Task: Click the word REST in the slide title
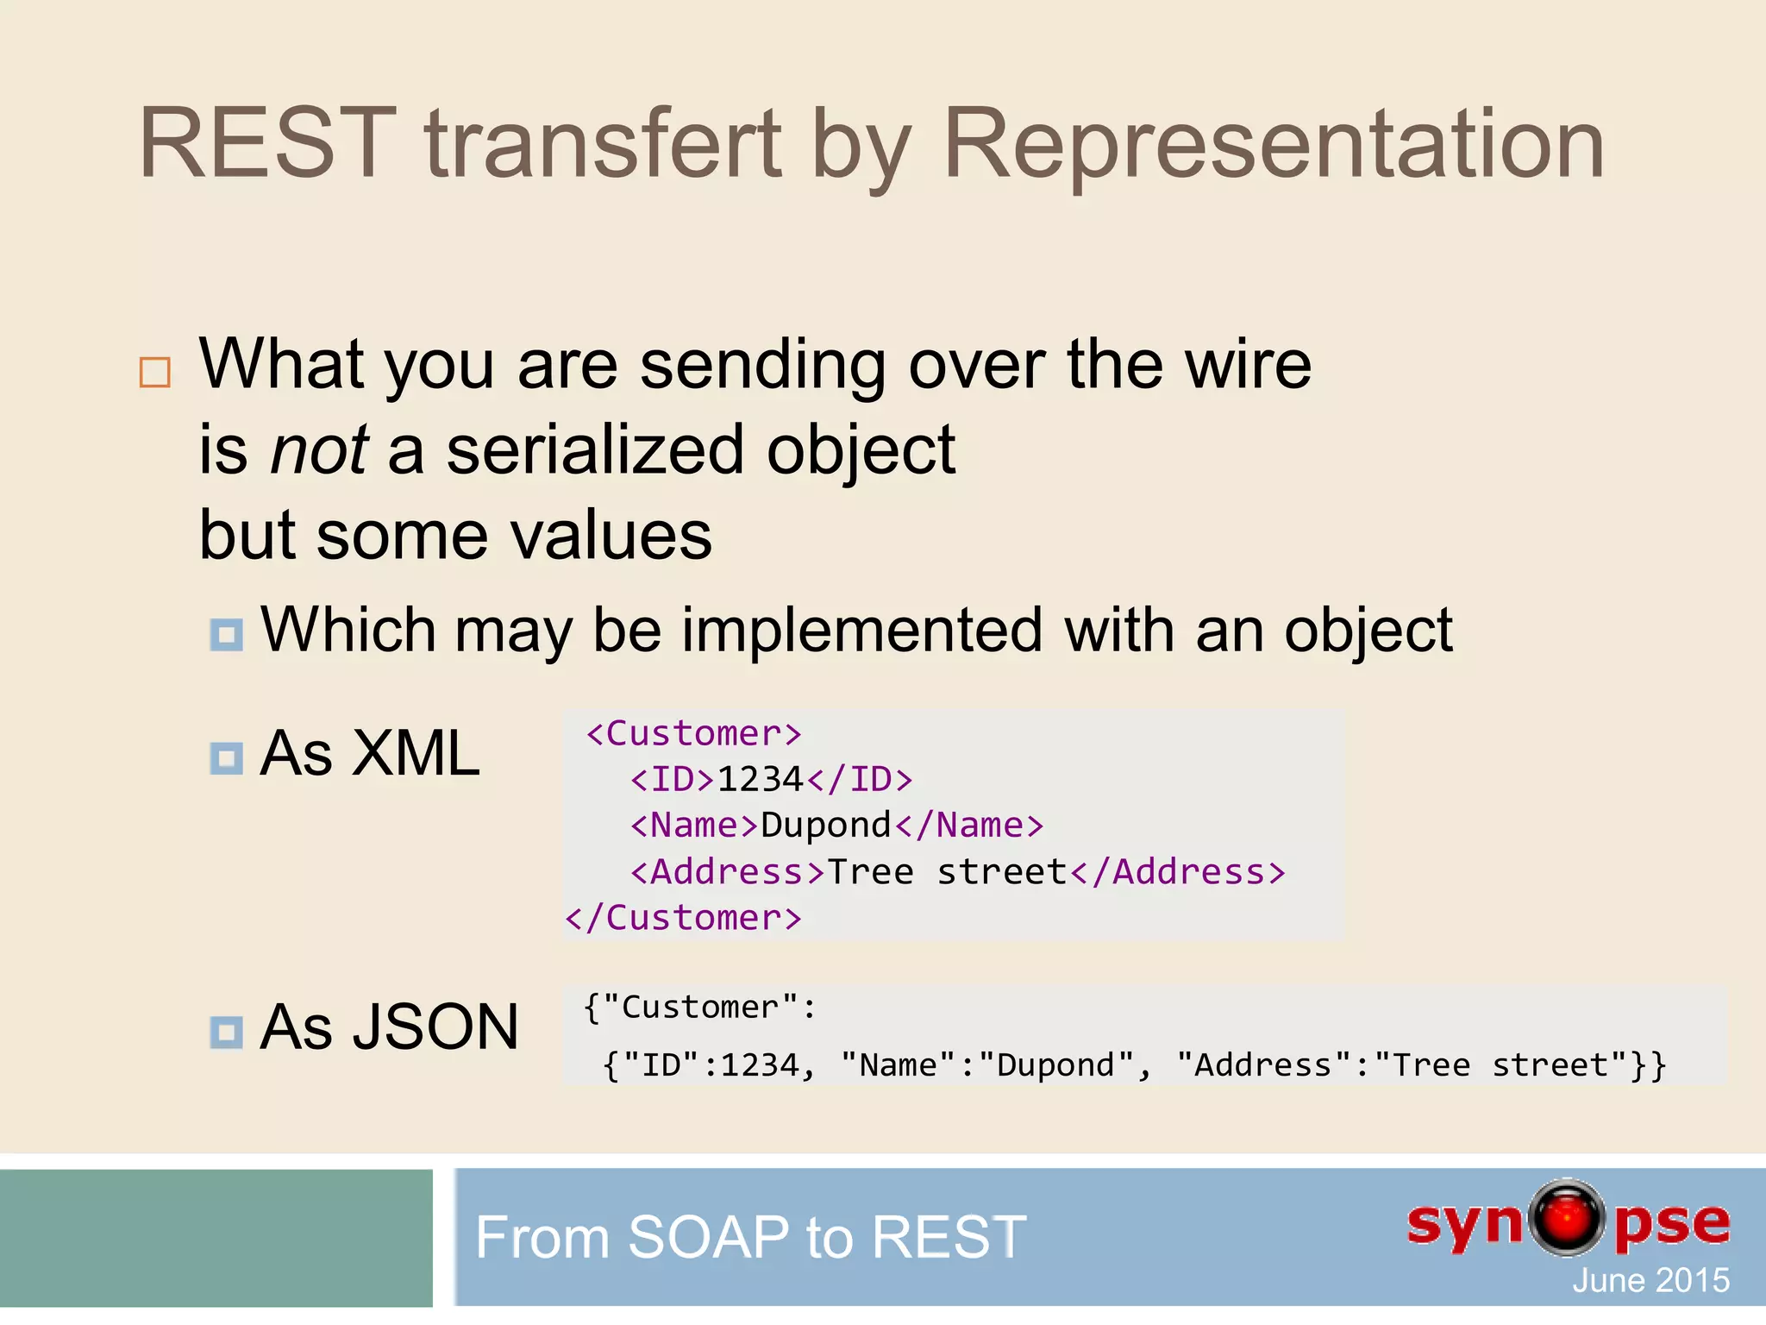[267, 143]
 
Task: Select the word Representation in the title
[1274, 143]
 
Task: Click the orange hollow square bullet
[155, 372]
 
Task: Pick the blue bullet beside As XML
[227, 758]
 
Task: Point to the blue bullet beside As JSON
[227, 1031]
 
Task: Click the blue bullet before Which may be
[227, 635]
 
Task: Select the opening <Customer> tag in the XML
[694, 734]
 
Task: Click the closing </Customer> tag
[683, 918]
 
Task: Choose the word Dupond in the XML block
[825, 826]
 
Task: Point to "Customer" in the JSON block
[700, 1008]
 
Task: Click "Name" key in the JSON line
[898, 1065]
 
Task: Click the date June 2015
[1650, 1280]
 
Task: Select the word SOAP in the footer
[708, 1237]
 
